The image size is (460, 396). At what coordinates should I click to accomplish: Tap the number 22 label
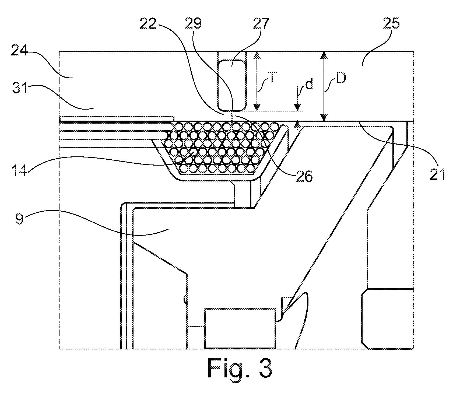click(x=148, y=24)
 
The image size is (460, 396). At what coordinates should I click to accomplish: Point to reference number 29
click(x=193, y=24)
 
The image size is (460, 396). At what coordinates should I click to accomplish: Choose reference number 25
click(x=390, y=24)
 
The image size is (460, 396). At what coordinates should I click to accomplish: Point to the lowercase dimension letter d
click(x=310, y=85)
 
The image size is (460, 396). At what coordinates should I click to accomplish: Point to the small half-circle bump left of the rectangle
click(x=185, y=298)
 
